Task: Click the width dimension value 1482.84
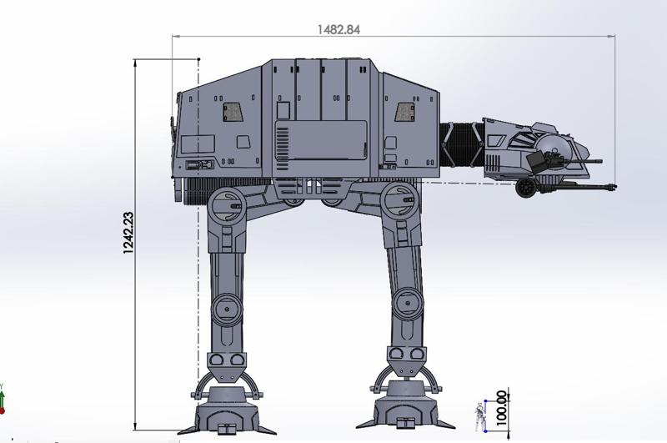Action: coord(339,29)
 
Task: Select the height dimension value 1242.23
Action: coord(128,234)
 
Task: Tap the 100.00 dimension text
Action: coord(502,408)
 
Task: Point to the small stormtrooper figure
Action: coord(480,415)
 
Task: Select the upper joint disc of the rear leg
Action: coord(226,205)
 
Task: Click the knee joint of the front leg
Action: coord(408,304)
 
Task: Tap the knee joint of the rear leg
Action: coord(227,309)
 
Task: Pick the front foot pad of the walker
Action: coord(406,406)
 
